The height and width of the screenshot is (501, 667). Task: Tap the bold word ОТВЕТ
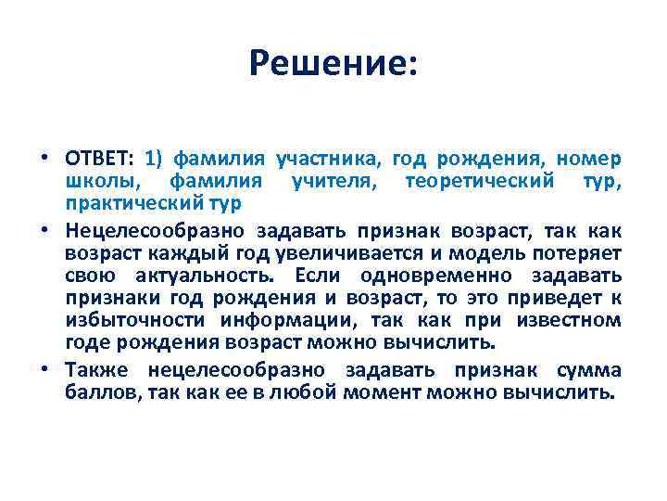(100, 157)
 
